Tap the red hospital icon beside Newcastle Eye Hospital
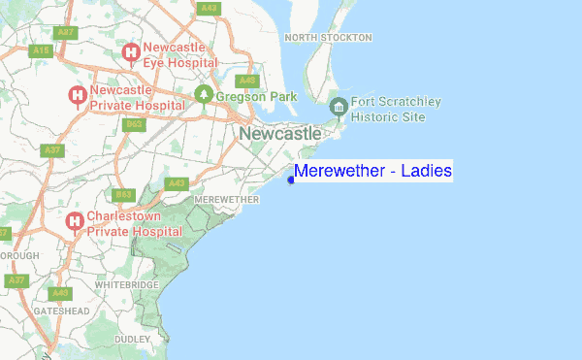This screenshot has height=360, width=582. [131, 52]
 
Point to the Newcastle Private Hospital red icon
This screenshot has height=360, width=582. [77, 95]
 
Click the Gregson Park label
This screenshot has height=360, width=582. [256, 96]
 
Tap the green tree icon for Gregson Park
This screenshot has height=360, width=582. [204, 95]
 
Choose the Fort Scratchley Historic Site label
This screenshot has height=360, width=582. [396, 109]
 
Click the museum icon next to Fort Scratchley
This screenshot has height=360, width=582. [338, 107]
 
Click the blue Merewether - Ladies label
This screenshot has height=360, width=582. [373, 172]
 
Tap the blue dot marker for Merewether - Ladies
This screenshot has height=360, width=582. [291, 179]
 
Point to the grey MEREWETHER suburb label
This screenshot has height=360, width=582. [227, 199]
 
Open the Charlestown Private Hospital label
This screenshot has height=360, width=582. [134, 224]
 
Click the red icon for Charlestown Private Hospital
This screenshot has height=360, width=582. [75, 222]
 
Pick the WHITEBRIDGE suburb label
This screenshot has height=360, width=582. [126, 285]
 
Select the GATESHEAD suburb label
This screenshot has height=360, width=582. [61, 311]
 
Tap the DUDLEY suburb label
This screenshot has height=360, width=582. [132, 339]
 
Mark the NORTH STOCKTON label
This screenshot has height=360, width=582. [329, 37]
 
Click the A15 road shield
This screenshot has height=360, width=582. [40, 50]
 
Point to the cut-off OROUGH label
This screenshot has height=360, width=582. [19, 256]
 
